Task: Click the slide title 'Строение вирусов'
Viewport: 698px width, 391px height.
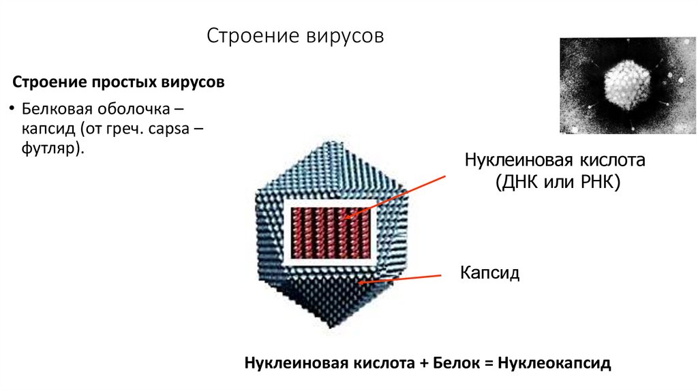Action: (295, 35)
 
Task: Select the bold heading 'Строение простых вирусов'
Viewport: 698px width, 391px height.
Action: (118, 83)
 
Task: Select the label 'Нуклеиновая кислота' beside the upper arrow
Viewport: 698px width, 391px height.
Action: (554, 161)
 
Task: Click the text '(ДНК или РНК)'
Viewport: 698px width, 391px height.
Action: (558, 183)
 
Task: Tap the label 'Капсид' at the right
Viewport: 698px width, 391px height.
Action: (489, 274)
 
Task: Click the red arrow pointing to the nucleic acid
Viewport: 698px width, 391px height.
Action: (395, 196)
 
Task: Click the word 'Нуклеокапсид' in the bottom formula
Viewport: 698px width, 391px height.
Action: (554, 362)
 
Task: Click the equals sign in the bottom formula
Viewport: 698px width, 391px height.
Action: (488, 362)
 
